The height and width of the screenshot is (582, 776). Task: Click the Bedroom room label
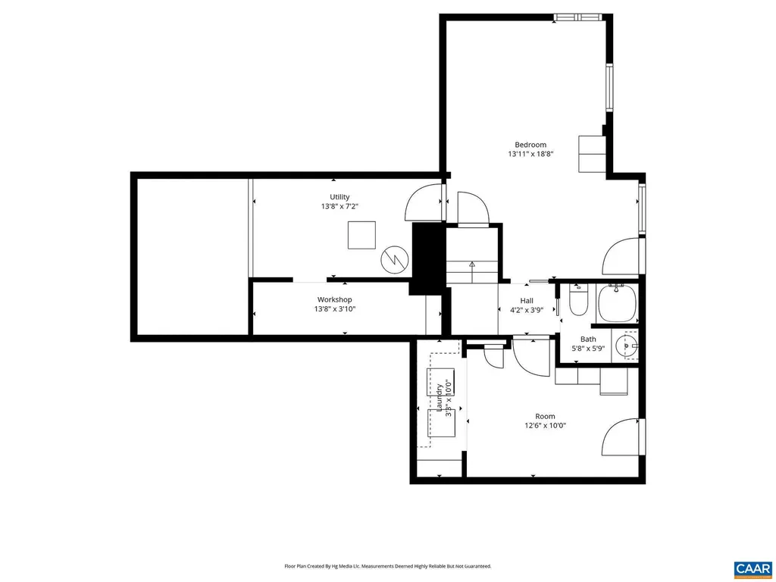[530, 145]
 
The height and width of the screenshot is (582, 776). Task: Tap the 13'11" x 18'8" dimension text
[530, 154]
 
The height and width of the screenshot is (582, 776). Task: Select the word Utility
[339, 197]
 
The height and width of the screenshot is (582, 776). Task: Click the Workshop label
[334, 299]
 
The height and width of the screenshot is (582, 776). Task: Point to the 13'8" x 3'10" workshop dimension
[334, 308]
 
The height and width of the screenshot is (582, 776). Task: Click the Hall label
[526, 301]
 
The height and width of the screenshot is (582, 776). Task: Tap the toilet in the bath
[578, 300]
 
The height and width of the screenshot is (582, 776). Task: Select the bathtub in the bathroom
[618, 303]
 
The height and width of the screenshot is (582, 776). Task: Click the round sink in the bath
[625, 347]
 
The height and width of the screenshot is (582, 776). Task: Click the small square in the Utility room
[361, 235]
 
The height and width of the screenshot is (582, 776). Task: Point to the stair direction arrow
[471, 264]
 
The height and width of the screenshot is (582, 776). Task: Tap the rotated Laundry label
[440, 399]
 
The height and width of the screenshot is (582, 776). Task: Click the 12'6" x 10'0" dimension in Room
[545, 425]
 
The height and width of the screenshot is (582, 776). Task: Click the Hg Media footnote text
[387, 566]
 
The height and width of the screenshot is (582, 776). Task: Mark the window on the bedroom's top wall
[579, 17]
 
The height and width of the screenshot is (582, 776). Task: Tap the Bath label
[588, 339]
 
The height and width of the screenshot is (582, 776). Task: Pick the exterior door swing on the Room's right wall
[621, 437]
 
